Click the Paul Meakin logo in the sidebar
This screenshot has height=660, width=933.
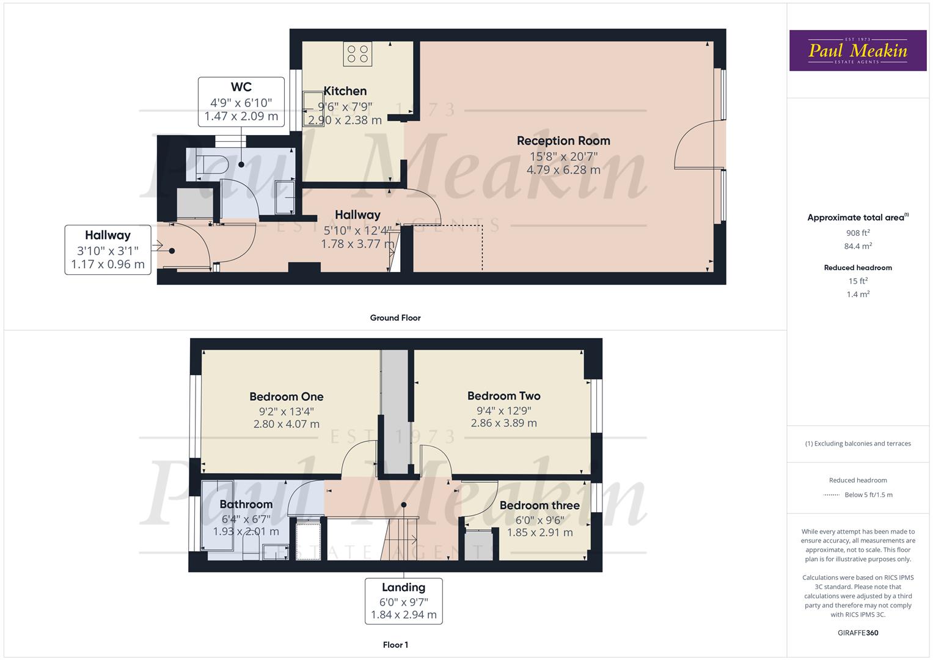857,51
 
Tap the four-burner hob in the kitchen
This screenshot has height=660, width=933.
357,54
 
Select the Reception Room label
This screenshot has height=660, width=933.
563,141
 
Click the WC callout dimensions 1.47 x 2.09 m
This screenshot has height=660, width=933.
241,116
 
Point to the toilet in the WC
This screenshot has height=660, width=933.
211,166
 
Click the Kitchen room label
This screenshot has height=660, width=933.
345,91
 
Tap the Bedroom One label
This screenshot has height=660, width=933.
286,397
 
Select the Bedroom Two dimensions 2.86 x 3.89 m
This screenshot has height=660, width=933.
503,423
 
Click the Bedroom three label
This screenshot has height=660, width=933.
539,505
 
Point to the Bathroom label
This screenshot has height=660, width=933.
246,504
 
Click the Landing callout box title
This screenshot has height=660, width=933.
403,587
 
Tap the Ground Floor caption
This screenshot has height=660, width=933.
395,318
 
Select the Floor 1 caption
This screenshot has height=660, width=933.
395,645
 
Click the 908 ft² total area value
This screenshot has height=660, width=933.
857,233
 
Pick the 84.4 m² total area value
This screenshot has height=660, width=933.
857,246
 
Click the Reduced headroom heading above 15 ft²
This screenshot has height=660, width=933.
857,268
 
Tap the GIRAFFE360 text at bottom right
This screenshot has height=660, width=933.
857,632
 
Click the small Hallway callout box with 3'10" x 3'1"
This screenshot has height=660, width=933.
108,250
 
